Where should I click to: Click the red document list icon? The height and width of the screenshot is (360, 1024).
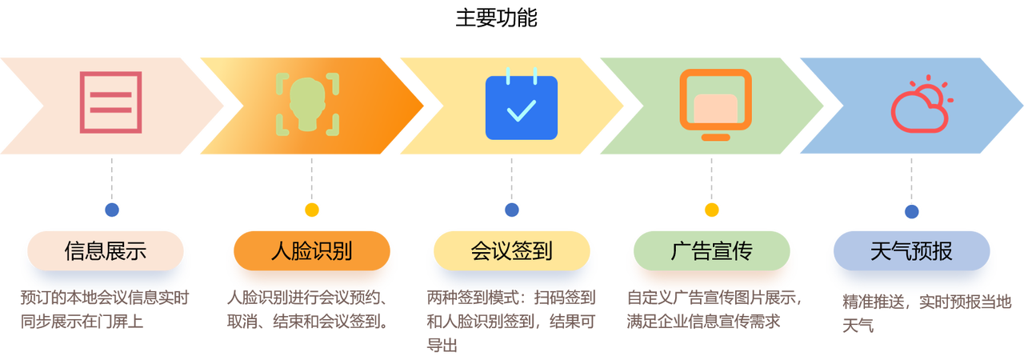click(110, 102)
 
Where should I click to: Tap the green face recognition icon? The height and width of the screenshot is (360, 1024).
click(307, 103)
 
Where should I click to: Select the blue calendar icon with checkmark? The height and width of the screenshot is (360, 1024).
click(521, 107)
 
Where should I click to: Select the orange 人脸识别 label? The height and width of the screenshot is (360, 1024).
click(312, 251)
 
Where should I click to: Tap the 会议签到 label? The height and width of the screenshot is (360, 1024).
click(512, 251)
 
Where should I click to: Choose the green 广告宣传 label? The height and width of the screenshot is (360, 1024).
click(711, 251)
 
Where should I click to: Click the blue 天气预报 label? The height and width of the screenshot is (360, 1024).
click(911, 251)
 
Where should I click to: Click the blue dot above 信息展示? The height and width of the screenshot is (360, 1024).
click(112, 210)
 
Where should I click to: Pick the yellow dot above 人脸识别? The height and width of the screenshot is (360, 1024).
click(311, 210)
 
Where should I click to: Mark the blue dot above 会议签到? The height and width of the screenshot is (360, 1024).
click(512, 210)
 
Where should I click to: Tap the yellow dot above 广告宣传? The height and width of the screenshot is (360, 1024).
click(711, 210)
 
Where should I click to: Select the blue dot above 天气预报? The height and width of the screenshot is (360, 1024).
click(911, 210)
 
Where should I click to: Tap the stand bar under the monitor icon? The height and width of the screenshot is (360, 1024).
click(715, 137)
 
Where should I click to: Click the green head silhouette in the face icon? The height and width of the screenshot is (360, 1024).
click(307, 102)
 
